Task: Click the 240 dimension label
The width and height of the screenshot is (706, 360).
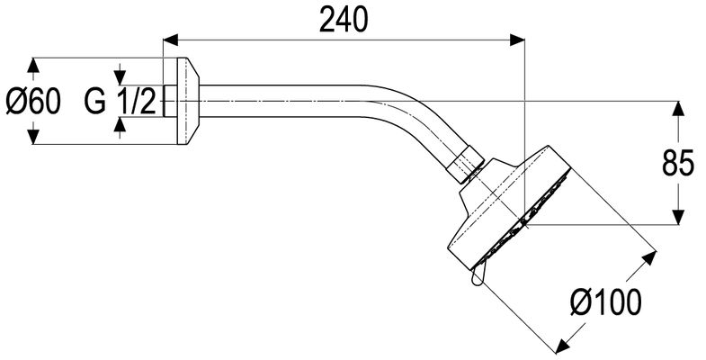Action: pos(343,21)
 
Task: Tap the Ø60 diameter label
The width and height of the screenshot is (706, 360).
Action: pos(33,102)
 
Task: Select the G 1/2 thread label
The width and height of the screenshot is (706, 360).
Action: pos(121,102)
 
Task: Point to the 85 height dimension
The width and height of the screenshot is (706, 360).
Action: pos(678,163)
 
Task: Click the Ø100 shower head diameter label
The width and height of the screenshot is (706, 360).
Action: pos(605,302)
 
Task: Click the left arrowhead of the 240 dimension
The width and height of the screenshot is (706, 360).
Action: pos(171,40)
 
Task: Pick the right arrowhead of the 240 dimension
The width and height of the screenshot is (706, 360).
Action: pos(517,40)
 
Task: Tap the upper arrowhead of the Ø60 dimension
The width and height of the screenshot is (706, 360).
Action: pos(33,66)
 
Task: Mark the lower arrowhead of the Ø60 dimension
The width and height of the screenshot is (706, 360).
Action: pos(33,137)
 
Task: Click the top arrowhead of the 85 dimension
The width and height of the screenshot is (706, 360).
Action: pos(678,109)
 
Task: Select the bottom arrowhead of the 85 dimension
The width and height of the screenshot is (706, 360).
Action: pos(678,217)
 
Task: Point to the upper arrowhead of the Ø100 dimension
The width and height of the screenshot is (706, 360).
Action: pos(649,258)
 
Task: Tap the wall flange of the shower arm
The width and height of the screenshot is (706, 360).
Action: pos(187,102)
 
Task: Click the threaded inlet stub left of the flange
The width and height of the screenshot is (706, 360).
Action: pos(170,102)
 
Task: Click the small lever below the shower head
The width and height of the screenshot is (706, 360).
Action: pos(478,276)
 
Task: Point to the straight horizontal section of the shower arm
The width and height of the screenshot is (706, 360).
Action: pos(279,102)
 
